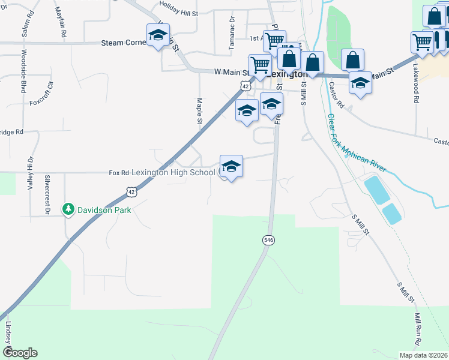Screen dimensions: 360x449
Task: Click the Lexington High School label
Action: coord(173,173)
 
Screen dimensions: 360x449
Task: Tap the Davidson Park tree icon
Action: coord(68,209)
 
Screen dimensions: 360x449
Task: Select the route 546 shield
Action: coord(268,240)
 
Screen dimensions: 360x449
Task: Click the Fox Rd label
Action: coord(119,173)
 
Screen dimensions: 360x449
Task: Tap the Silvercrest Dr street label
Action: coord(47,194)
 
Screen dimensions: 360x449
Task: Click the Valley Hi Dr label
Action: coord(29,173)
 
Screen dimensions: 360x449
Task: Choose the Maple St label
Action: coord(199,111)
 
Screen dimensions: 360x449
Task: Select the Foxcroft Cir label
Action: coord(41,95)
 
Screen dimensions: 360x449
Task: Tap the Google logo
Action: coord(20,353)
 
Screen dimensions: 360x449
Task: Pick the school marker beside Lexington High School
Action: coord(231,166)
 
